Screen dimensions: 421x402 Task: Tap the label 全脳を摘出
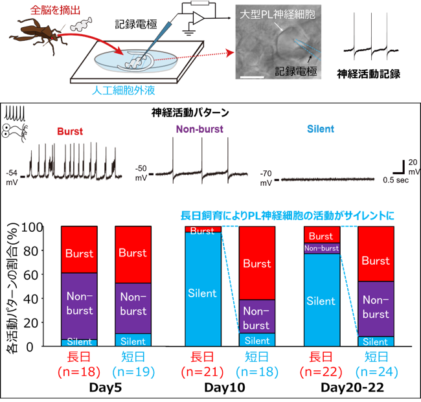click(55, 10)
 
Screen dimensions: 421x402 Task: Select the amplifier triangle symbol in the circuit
click(198, 18)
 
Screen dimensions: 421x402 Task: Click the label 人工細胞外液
click(124, 91)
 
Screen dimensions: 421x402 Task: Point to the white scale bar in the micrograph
click(252, 78)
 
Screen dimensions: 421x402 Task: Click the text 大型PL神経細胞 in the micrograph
click(277, 14)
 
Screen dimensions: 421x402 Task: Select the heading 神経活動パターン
click(190, 113)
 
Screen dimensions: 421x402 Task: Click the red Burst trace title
click(70, 131)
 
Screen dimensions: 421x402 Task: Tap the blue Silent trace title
click(321, 129)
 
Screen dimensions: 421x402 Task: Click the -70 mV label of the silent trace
click(266, 178)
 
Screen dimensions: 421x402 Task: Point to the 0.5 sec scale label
click(396, 180)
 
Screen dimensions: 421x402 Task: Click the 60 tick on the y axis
click(31, 275)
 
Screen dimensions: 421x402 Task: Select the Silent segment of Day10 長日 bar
click(203, 289)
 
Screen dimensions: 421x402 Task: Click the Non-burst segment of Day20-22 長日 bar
click(322, 248)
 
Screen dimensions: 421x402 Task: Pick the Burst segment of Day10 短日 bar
click(257, 263)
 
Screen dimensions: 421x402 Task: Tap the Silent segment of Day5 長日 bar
click(79, 342)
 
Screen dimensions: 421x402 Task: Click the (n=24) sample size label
click(376, 372)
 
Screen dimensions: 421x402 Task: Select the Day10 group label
click(225, 388)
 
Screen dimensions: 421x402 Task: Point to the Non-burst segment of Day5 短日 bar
click(133, 308)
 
